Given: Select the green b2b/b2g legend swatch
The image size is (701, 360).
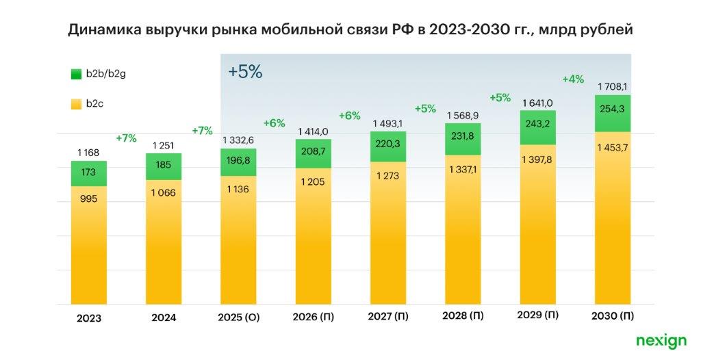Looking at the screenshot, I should pyautogui.click(x=77, y=73).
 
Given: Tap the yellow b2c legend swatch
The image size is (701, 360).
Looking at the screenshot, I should pyautogui.click(x=77, y=104).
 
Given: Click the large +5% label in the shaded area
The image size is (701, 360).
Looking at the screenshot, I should pyautogui.click(x=245, y=72).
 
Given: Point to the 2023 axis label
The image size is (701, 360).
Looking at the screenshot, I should pyautogui.click(x=89, y=318).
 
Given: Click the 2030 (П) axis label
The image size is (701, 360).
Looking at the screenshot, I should pyautogui.click(x=612, y=316).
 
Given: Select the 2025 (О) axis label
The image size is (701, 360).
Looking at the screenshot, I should pyautogui.click(x=239, y=318).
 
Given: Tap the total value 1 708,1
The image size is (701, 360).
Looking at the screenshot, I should pyautogui.click(x=612, y=86).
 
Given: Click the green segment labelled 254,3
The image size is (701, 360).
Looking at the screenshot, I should pyautogui.click(x=612, y=113).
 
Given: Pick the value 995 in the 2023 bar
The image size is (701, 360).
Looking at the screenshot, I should pyautogui.click(x=89, y=198).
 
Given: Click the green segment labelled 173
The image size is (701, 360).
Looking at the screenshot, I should pyautogui.click(x=89, y=174).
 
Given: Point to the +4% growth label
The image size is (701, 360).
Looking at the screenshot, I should pyautogui.click(x=573, y=79).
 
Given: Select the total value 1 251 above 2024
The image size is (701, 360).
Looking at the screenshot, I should pyautogui.click(x=164, y=145).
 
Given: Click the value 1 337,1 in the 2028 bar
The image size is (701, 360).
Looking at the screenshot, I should pyautogui.click(x=463, y=169).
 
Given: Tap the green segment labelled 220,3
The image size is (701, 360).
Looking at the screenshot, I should pyautogui.click(x=388, y=145).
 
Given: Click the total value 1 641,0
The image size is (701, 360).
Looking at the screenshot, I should pyautogui.click(x=537, y=103).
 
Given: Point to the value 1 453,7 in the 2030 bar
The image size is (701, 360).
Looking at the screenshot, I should pyautogui.click(x=612, y=149).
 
